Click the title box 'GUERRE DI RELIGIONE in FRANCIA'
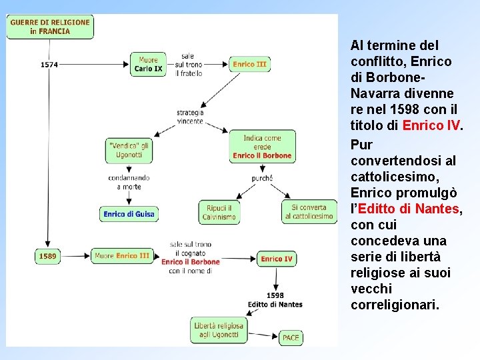50,27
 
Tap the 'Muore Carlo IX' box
148,64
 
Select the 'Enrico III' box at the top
250,64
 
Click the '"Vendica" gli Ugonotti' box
129,150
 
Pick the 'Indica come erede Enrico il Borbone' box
262,147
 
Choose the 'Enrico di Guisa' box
129,214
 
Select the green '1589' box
47,255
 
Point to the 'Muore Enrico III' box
121,255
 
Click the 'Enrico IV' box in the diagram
276,259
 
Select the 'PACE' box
291,337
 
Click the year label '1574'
49,65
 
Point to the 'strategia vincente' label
190,117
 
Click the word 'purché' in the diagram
262,178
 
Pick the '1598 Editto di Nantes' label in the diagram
275,300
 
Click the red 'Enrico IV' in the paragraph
432,125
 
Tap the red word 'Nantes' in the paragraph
437,209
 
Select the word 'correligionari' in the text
394,305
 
